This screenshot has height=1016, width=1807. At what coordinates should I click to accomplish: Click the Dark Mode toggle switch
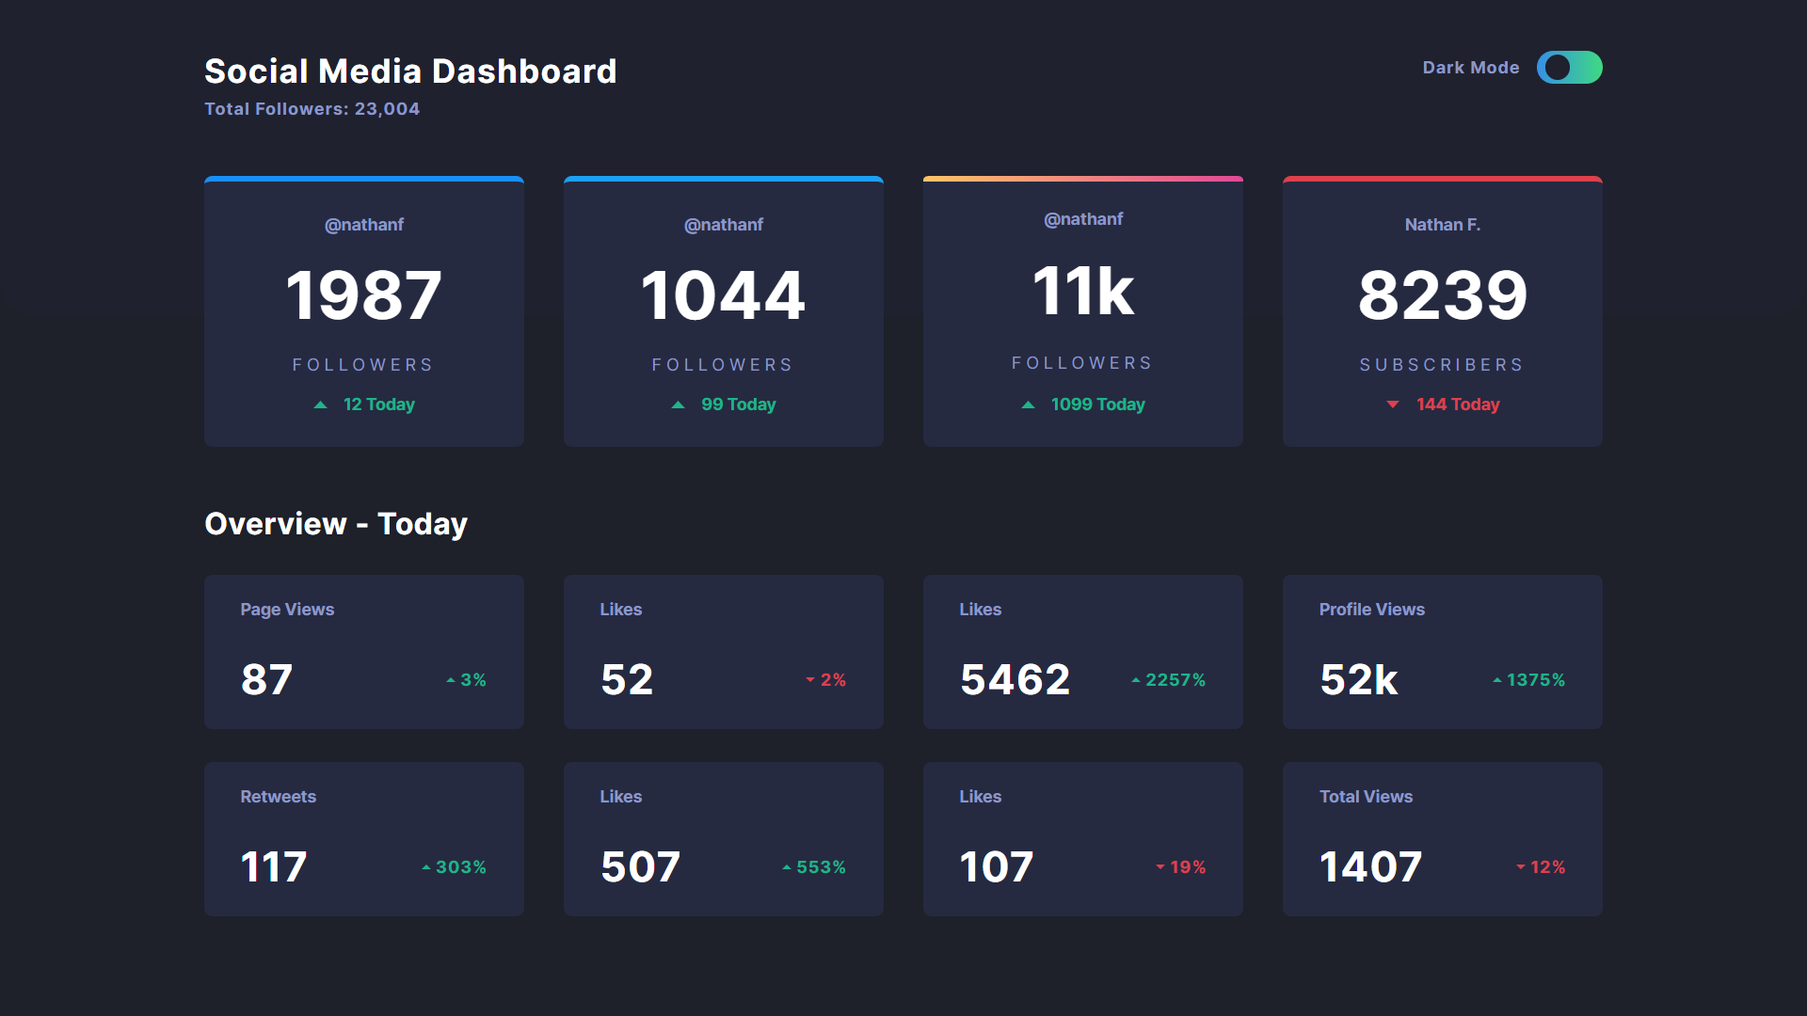[x=1569, y=68]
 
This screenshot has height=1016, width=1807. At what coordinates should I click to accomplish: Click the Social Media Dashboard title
[x=410, y=71]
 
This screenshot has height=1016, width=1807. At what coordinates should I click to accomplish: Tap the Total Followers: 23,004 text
[x=312, y=109]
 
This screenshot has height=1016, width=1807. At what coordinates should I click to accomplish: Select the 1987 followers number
[x=363, y=295]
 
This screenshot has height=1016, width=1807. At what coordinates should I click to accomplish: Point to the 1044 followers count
[x=723, y=295]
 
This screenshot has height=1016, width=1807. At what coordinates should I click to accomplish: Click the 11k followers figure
[x=1082, y=291]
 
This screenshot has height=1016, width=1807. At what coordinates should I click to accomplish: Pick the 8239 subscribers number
[x=1442, y=295]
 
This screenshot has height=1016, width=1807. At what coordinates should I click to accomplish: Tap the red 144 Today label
[x=1457, y=405]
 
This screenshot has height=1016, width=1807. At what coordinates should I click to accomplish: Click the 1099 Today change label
[x=1097, y=405]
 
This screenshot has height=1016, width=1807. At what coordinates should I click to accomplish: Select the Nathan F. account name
[x=1442, y=225]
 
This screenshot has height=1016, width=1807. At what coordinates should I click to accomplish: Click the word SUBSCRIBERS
[x=1442, y=365]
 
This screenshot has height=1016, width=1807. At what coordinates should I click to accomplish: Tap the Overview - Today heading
[x=336, y=524]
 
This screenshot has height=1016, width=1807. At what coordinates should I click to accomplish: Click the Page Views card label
[x=287, y=610]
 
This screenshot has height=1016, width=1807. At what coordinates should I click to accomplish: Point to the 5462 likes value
[x=1015, y=679]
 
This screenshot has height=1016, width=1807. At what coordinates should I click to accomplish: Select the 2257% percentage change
[x=1175, y=680]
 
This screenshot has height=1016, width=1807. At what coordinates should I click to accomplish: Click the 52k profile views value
[x=1358, y=679]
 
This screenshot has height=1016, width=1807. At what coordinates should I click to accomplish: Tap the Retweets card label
[x=278, y=797]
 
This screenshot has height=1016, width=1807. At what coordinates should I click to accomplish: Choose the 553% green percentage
[x=821, y=867]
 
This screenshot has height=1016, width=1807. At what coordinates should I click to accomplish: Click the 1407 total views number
[x=1370, y=866]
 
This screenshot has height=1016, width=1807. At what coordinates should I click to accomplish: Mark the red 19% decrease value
[x=1188, y=867]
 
